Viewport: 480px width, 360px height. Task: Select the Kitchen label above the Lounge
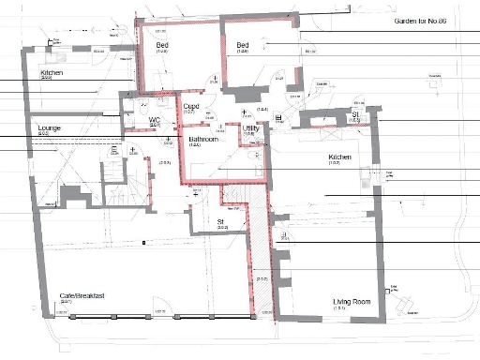coord(52,72)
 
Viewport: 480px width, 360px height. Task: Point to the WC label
coord(155,120)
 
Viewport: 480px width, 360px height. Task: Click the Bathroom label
coord(195,139)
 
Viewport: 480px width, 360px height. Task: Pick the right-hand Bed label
coord(244,45)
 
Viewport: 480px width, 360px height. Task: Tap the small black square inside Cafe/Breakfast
coord(142,243)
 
